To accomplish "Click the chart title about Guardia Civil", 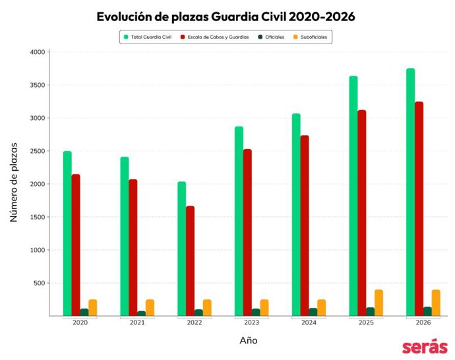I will (226, 17).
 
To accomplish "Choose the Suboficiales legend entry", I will (311, 37).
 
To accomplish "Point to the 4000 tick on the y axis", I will (37, 52).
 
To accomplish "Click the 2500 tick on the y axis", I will (37, 151).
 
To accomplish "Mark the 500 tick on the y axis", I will (39, 283).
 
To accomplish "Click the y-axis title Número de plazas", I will (14, 181).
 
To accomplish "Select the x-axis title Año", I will (249, 341).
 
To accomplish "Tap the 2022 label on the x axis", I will (195, 323).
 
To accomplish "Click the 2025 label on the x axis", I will (366, 323).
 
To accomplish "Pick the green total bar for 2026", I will (410, 192).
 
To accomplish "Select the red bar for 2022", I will (190, 261).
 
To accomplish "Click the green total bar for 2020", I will (67, 233).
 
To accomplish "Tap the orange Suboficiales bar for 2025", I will (379, 303).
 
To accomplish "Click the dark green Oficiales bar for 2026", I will (427, 311).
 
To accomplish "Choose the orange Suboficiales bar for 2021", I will (150, 308).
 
